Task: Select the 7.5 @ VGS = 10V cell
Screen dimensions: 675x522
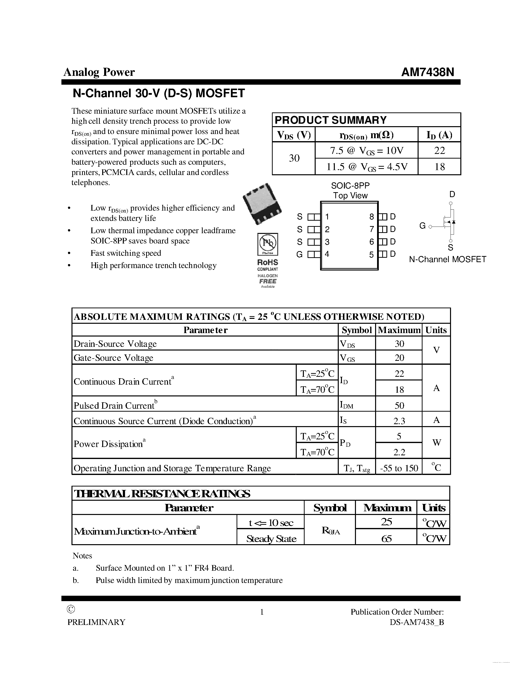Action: click(367, 151)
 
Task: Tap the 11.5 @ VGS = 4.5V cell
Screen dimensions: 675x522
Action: click(367, 167)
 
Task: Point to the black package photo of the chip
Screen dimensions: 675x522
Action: click(262, 204)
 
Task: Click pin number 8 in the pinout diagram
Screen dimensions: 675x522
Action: click(371, 217)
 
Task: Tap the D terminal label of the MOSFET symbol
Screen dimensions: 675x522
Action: click(452, 194)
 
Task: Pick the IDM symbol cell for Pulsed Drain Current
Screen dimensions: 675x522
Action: click(346, 405)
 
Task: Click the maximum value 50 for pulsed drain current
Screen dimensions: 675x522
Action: click(399, 405)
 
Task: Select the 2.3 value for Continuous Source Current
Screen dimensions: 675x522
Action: click(399, 421)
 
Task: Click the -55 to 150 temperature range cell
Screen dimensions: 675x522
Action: click(399, 468)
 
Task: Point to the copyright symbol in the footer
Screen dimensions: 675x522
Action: click(71, 609)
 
